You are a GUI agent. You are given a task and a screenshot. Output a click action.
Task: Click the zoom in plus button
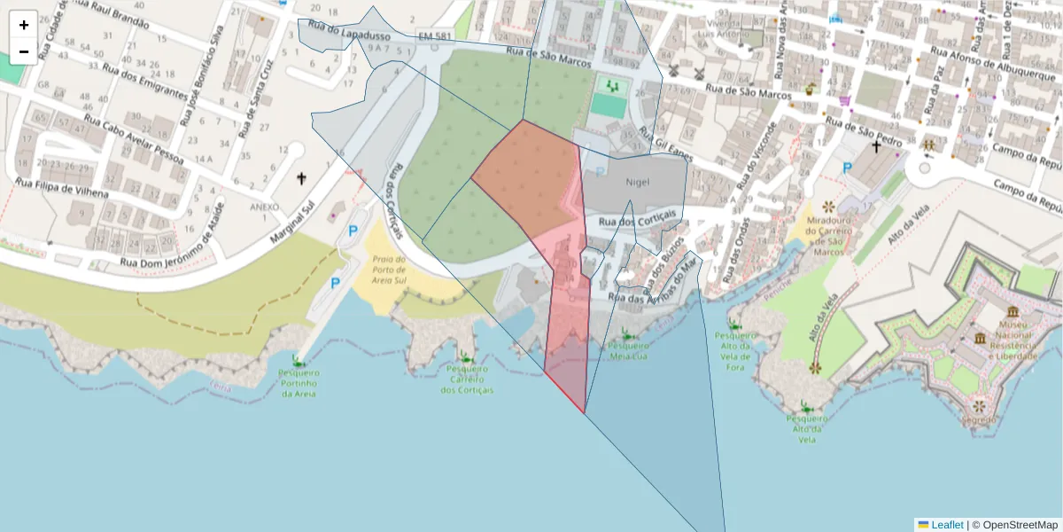tap(24, 25)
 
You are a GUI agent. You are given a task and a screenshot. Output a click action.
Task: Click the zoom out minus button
tap(24, 51)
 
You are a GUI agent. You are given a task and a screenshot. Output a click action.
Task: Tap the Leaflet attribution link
tap(946, 525)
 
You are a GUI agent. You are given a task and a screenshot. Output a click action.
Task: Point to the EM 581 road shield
tap(435, 36)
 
